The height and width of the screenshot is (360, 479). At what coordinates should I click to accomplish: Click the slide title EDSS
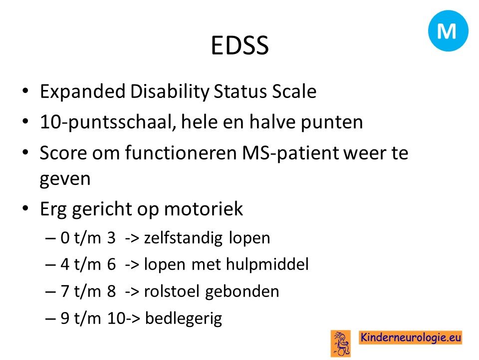[240, 45]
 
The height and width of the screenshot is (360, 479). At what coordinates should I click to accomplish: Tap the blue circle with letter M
[448, 30]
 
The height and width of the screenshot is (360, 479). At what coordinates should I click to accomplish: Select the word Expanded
[82, 91]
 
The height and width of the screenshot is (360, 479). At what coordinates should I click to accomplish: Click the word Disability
[170, 91]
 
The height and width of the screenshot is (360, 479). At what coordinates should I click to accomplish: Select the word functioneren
[181, 152]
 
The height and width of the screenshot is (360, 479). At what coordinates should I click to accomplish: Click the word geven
[65, 179]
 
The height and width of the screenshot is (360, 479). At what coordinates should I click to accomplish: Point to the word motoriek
[204, 209]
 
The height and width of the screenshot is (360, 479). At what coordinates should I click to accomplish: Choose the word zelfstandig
[183, 238]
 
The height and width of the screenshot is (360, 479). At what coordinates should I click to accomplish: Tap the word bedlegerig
[183, 318]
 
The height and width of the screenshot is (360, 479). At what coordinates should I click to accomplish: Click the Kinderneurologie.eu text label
[410, 337]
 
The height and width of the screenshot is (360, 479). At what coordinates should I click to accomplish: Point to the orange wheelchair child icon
[341, 343]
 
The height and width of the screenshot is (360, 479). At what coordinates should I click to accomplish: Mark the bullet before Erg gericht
[25, 208]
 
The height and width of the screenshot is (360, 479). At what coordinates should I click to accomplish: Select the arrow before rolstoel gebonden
[132, 291]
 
